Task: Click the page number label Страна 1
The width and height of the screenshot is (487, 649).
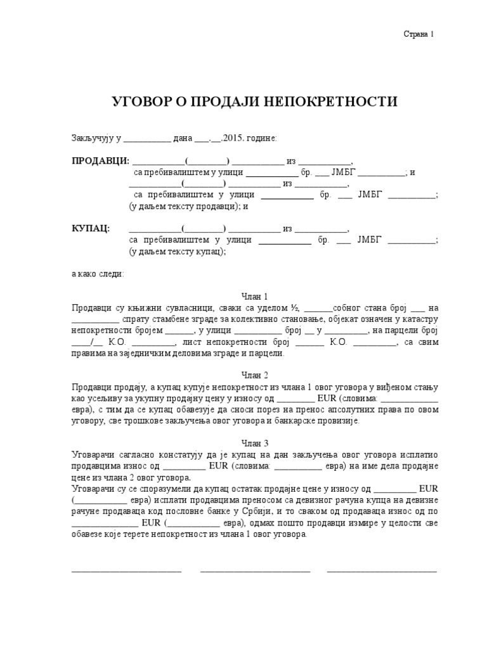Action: click(x=419, y=35)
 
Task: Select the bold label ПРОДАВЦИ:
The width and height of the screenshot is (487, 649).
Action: click(x=100, y=160)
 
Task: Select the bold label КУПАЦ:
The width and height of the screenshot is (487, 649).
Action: click(x=90, y=228)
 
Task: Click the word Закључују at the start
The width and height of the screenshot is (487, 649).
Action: click(x=93, y=138)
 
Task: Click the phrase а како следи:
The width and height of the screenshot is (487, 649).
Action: click(x=98, y=274)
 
